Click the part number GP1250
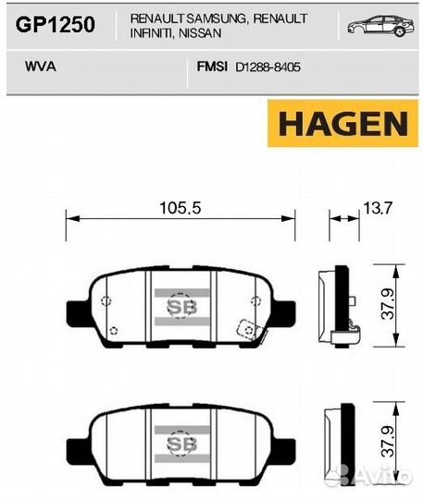click(56, 25)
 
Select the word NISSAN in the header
click(200, 33)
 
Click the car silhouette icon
click(381, 25)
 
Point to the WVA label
click(41, 67)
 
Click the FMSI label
click(212, 67)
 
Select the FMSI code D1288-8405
click(267, 67)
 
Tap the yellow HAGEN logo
click(342, 124)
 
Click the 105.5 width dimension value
click(180, 208)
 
